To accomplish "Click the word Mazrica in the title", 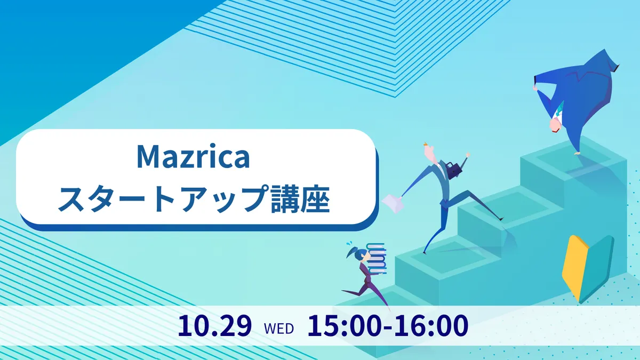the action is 194,157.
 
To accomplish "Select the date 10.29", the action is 214,326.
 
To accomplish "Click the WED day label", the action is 279,329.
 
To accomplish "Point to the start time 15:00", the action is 344,326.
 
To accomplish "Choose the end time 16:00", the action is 431,326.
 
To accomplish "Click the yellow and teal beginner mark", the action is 588,269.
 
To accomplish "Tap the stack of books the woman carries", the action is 377,258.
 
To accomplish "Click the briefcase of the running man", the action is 454,170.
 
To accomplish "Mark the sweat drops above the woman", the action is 349,244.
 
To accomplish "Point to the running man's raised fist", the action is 468,155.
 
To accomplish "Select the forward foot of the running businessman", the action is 500,219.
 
